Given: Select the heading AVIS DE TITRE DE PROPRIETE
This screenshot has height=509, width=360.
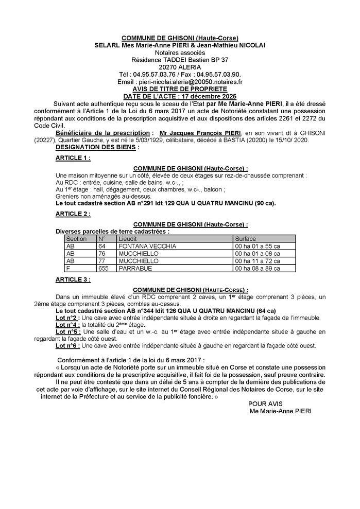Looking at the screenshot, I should pos(180,89).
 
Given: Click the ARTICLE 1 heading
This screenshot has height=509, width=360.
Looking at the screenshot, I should pos(73,159).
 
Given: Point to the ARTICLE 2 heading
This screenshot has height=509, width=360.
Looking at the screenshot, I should pos(73,213).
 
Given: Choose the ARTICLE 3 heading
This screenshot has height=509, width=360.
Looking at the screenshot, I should pos(73,279).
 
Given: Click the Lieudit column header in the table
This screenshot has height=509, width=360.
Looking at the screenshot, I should pos(128,239).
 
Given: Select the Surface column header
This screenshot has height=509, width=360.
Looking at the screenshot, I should pos(245,239).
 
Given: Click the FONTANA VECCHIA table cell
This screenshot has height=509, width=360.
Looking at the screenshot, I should pos(147,246).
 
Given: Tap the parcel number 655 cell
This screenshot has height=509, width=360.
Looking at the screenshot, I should pos(103,268).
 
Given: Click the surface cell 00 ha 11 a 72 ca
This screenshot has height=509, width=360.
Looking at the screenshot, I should pos(258,261).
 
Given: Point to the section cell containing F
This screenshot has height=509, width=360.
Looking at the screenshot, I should pos(68,268).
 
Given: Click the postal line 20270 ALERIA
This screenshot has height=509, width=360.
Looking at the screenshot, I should pos(180,67).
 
